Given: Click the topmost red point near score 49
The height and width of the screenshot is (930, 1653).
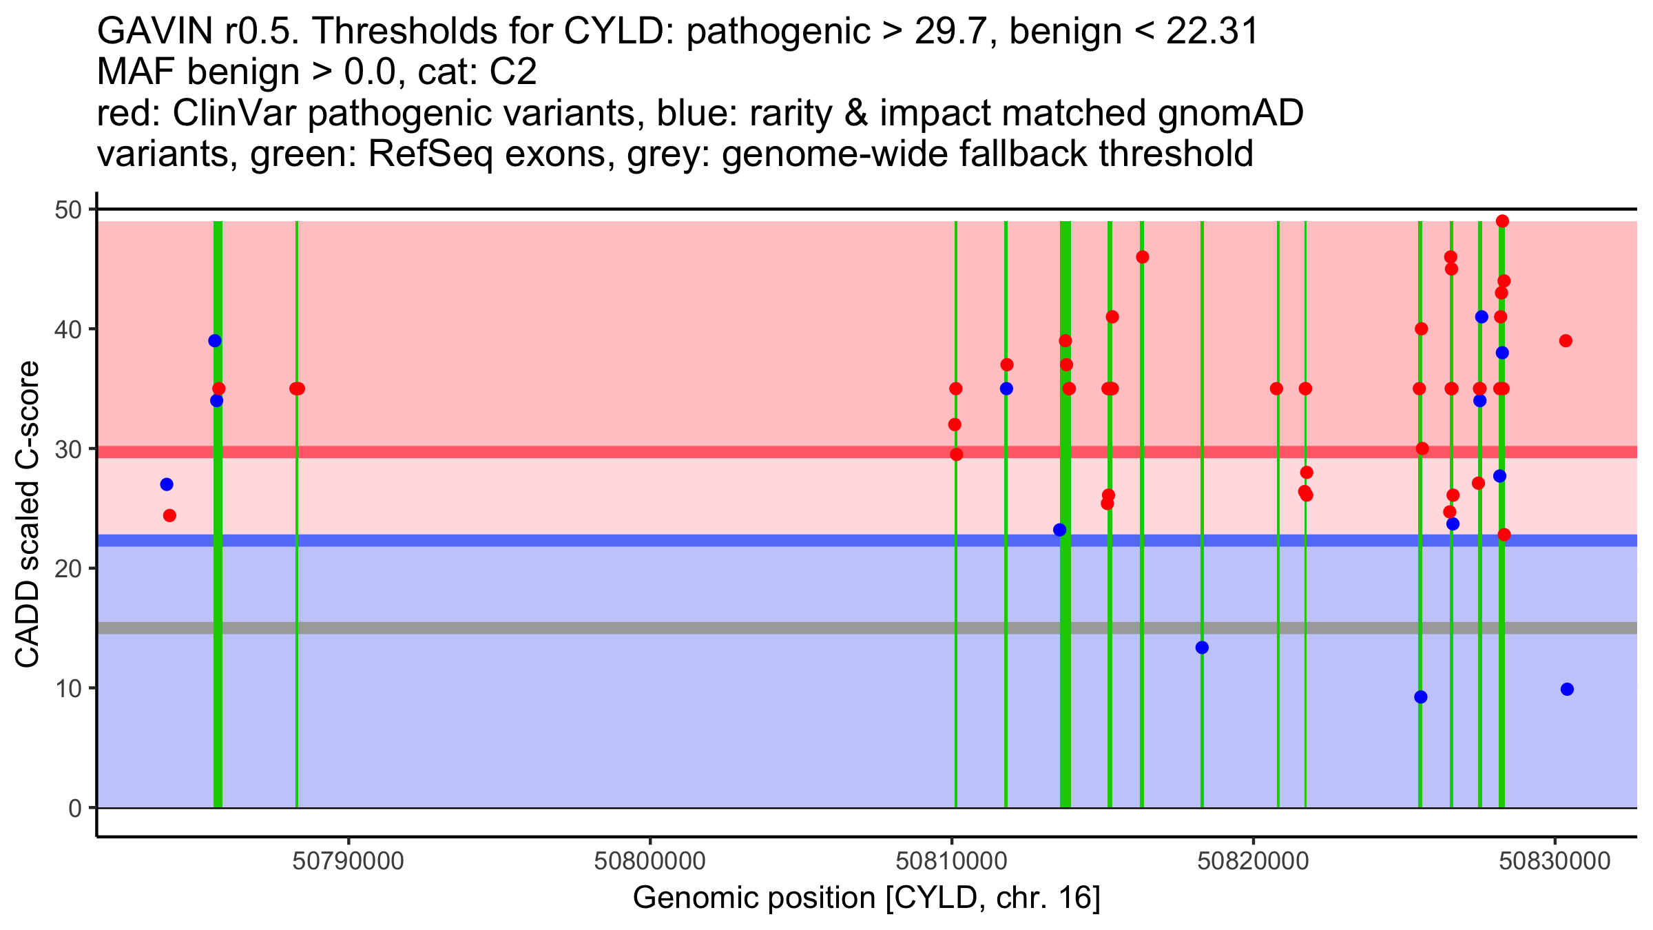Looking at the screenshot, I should pos(1502,221).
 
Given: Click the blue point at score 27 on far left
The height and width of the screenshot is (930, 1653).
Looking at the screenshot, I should pos(167,484).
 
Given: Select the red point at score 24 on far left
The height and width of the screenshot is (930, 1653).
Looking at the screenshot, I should pos(169,515).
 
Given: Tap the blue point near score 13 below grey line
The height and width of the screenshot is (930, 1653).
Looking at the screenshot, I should pos(1202,648).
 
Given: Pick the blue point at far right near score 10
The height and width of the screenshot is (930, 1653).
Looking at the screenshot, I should pos(1567,689).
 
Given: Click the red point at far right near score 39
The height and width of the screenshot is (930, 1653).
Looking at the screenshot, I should pos(1566,341).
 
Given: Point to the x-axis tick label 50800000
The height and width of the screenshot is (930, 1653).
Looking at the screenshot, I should pos(649,862).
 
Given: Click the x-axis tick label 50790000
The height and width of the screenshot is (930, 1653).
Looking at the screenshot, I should pos(349,862).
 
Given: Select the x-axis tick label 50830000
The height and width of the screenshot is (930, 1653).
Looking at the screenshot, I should pos(1555,862).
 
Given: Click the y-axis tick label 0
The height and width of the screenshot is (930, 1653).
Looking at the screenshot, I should pos(74,808).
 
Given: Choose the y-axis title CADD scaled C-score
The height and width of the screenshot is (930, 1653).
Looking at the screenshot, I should pos(28,515).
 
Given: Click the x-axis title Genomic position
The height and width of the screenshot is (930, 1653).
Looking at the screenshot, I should pos(866,898).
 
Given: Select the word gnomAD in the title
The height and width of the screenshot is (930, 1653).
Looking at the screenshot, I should pos(1230,114).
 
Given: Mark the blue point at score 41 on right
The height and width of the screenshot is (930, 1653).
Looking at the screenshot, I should pos(1482,317).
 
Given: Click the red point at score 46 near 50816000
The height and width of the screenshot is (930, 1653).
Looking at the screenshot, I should pos(1142,257).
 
